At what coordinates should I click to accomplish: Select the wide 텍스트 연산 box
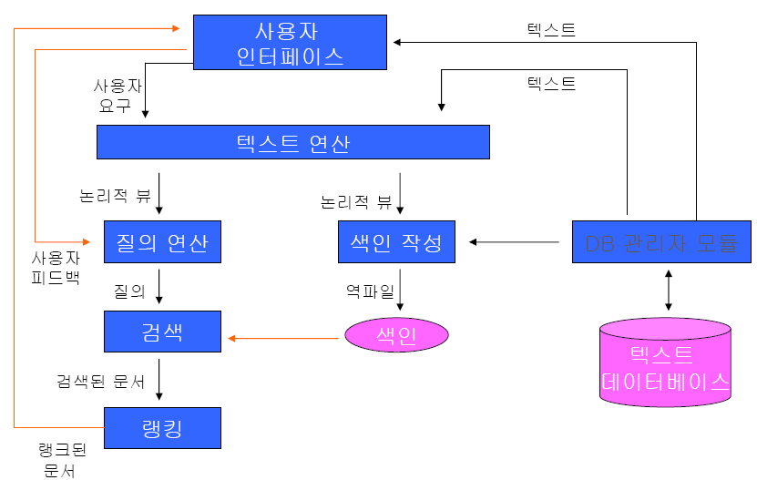point(292,143)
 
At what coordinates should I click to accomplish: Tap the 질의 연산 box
point(162,242)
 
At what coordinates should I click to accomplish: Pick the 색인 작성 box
point(396,242)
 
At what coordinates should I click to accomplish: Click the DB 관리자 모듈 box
point(661,242)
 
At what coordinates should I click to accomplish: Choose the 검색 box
point(162,331)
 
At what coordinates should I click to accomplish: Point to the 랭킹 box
point(162,428)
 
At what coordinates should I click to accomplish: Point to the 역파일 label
point(369,291)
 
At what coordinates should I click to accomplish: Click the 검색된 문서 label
point(100,382)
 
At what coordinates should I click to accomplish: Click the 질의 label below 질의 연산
point(129,291)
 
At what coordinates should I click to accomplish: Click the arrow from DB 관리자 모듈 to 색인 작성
point(515,242)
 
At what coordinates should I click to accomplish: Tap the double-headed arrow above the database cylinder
point(670,291)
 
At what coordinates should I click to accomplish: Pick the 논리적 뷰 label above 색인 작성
point(356,201)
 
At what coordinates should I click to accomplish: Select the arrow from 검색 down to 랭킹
point(160,379)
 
